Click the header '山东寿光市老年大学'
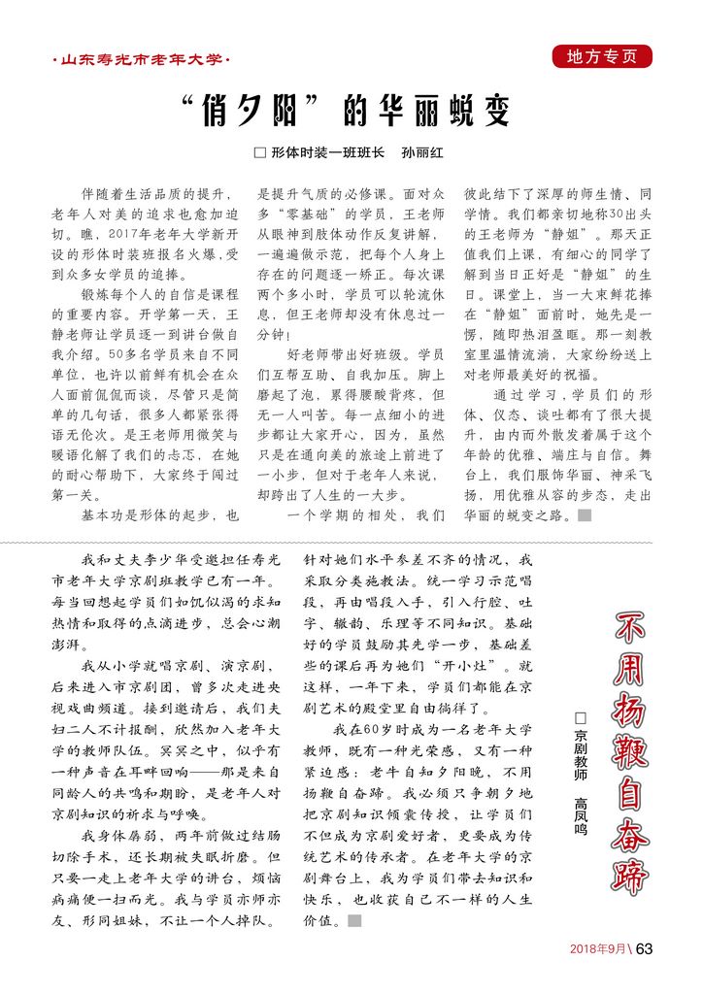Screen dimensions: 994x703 coord(140,61)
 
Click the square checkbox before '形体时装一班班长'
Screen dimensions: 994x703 coord(258,152)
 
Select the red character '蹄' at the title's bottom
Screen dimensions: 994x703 coord(631,874)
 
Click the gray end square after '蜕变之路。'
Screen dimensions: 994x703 coord(584,515)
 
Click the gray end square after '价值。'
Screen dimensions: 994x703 coord(354,919)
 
